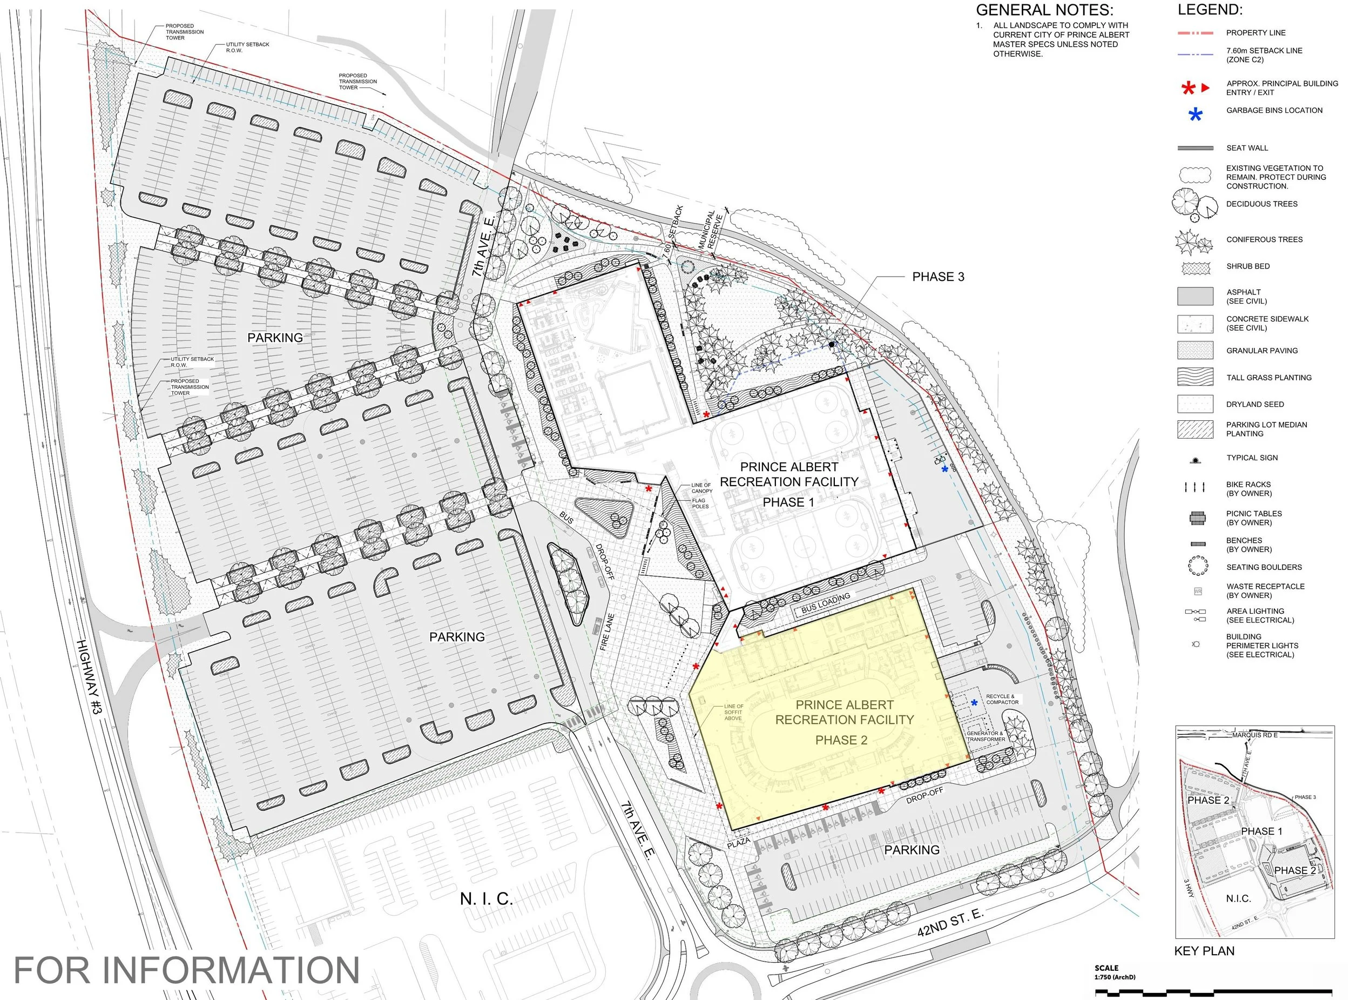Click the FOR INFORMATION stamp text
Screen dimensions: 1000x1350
[x=186, y=970]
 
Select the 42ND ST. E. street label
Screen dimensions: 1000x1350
[x=950, y=921]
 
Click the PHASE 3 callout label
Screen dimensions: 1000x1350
[x=938, y=277]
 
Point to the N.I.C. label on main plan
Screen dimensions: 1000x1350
[x=486, y=899]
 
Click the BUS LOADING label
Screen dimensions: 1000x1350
[x=825, y=603]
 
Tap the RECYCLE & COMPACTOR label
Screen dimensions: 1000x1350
[x=1002, y=699]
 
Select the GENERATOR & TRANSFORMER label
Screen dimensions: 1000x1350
[x=986, y=736]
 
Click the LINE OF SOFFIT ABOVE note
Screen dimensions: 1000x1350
[x=733, y=712]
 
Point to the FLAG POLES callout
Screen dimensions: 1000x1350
[x=700, y=504]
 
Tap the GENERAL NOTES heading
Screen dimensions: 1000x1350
[x=1044, y=10]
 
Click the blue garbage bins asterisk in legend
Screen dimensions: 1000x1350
[x=1195, y=115]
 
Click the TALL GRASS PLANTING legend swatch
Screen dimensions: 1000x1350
[x=1195, y=377]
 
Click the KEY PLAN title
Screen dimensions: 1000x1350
[x=1204, y=951]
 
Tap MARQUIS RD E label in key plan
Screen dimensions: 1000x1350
[x=1255, y=735]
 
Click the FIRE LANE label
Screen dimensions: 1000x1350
[x=607, y=633]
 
